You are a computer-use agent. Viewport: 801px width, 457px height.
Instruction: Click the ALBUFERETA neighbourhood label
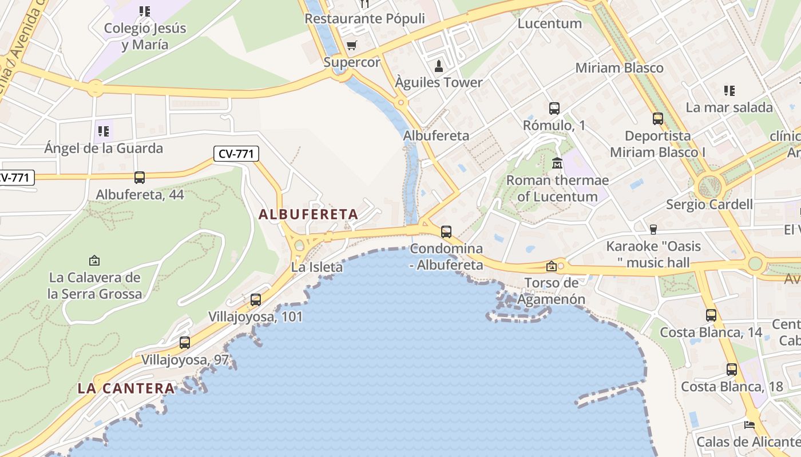pos(308,215)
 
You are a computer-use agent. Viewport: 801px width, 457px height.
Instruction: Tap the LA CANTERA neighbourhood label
pos(126,388)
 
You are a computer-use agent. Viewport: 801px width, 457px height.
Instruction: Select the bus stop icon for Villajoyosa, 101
pos(256,299)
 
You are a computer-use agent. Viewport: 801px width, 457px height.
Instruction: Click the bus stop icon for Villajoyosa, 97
pos(185,343)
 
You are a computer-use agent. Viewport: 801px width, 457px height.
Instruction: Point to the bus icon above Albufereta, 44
pos(140,178)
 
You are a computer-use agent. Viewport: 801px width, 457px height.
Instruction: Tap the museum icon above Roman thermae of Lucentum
pos(557,163)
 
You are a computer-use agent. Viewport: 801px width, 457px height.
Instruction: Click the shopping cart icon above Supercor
pos(351,45)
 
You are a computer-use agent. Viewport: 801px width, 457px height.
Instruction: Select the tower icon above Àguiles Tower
pos(439,66)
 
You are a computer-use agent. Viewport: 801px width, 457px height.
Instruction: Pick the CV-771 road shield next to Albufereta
pos(237,154)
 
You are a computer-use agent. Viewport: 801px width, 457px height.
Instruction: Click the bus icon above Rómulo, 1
pos(554,109)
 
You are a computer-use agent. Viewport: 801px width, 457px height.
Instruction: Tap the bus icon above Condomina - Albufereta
pos(446,232)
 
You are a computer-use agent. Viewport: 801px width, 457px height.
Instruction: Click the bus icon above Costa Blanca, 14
pos(711,315)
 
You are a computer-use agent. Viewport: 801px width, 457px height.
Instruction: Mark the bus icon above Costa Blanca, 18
pos(732,370)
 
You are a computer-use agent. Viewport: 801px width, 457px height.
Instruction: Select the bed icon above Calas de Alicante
pos(749,424)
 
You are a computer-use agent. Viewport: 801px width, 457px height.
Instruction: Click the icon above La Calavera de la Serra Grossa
pos(94,260)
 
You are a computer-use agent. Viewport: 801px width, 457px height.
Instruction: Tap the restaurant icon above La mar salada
pos(729,90)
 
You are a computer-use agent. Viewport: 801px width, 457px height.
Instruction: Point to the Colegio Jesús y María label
pos(145,37)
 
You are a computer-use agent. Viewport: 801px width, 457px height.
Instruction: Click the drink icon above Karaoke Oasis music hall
pos(653,229)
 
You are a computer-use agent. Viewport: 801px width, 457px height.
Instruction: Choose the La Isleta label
pos(317,267)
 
